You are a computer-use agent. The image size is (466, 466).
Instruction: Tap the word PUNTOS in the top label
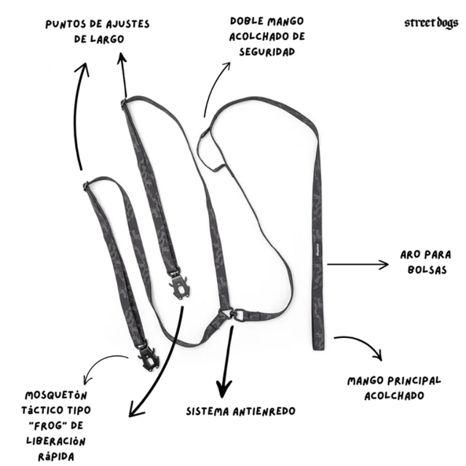pos(68,23)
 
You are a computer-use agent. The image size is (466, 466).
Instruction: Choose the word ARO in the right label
pos(411,255)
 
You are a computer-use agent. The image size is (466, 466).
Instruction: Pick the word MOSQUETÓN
pos(52,395)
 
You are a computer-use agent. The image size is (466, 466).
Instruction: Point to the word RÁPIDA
pos(51,457)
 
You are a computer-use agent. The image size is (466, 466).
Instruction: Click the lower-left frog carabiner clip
pos(149,356)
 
